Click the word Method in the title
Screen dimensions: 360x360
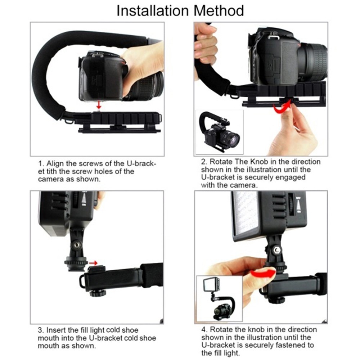(219, 11)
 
